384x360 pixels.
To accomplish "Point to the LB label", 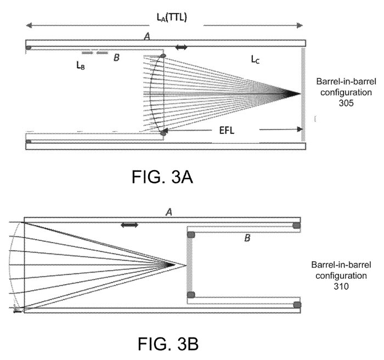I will point(80,65).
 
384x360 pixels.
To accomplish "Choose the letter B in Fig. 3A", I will point(115,57).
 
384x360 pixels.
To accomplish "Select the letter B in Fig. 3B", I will point(247,238).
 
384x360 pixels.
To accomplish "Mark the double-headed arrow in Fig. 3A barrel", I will point(181,48).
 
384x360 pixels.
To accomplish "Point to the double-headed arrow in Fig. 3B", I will point(129,225).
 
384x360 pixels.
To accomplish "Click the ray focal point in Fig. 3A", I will point(300,94).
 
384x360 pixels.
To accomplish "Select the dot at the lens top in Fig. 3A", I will point(163,57).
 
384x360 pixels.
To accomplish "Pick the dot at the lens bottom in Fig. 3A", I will point(163,132).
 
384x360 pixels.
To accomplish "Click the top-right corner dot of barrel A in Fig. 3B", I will point(297,225).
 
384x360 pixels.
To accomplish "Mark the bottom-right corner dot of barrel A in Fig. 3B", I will point(297,305).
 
